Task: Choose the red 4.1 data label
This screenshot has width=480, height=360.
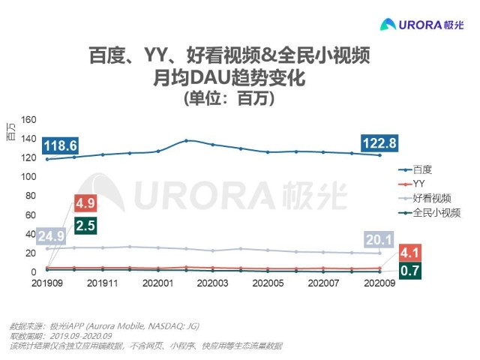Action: click(409, 253)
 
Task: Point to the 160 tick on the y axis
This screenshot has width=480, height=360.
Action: click(29, 119)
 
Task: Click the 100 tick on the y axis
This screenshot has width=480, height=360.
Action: click(29, 177)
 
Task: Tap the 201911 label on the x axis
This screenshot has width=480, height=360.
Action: click(102, 283)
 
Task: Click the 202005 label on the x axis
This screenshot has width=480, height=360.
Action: click(268, 283)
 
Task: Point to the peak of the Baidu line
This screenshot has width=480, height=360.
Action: click(186, 140)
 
